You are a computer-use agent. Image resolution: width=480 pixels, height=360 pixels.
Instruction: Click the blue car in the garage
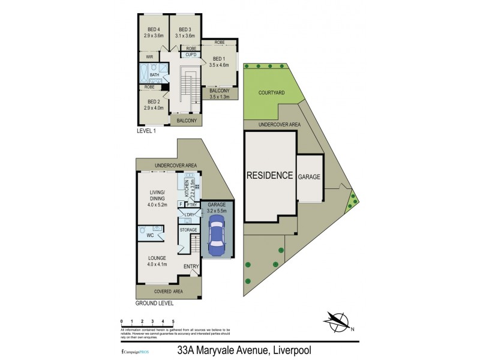pyautogui.click(x=216, y=236)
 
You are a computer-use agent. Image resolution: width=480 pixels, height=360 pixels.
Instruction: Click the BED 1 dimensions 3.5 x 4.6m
pyautogui.click(x=219, y=64)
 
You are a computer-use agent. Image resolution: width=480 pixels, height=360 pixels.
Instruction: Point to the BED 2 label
pyautogui.click(x=154, y=102)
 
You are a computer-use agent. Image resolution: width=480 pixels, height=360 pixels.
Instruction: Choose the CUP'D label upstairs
pyautogui.click(x=191, y=55)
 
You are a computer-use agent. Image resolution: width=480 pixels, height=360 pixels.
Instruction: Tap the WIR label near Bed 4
pyautogui.click(x=150, y=57)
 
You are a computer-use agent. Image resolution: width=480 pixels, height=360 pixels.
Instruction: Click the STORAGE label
pyautogui.click(x=188, y=229)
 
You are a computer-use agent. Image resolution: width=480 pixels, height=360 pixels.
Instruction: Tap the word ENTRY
pyautogui.click(x=191, y=266)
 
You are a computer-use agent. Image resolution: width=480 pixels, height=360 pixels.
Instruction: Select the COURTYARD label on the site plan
pyautogui.click(x=271, y=93)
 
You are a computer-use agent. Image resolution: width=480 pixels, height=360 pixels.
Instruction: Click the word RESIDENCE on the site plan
pyautogui.click(x=270, y=176)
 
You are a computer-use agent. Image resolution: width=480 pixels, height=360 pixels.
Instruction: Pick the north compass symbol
pyautogui.click(x=338, y=322)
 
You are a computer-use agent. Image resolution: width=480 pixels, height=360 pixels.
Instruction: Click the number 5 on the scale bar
pyautogui.click(x=173, y=322)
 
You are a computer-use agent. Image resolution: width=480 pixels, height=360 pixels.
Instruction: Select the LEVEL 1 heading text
pyautogui.click(x=147, y=130)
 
